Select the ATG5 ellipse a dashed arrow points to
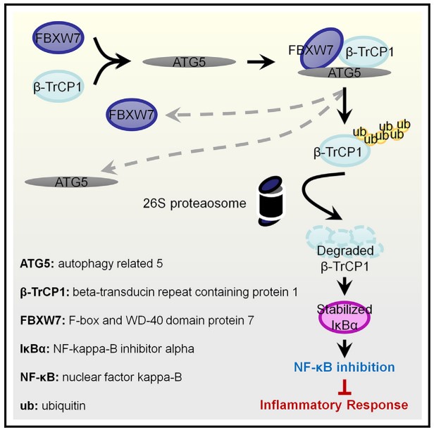(x=71, y=181)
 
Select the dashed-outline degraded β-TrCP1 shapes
(x=344, y=240)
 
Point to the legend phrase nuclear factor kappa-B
(x=121, y=377)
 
